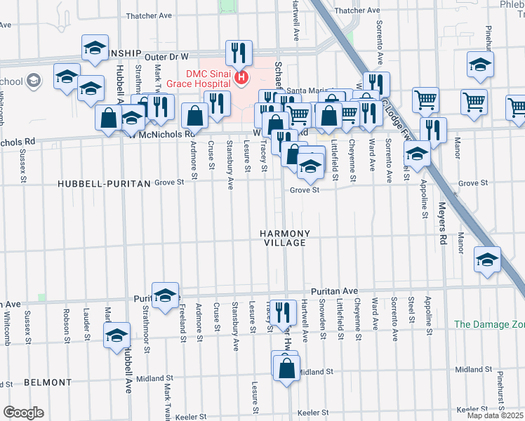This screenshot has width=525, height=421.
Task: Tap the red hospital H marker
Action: [x=242, y=76]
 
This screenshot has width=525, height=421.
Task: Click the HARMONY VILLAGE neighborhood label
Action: [x=284, y=238]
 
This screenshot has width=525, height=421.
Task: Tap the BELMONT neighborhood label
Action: [x=48, y=382]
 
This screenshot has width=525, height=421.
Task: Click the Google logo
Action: [x=23, y=413]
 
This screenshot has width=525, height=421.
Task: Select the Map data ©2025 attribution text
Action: [x=495, y=415]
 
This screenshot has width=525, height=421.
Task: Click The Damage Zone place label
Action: [x=489, y=324]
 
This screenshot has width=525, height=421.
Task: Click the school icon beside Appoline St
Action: [x=417, y=154]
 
